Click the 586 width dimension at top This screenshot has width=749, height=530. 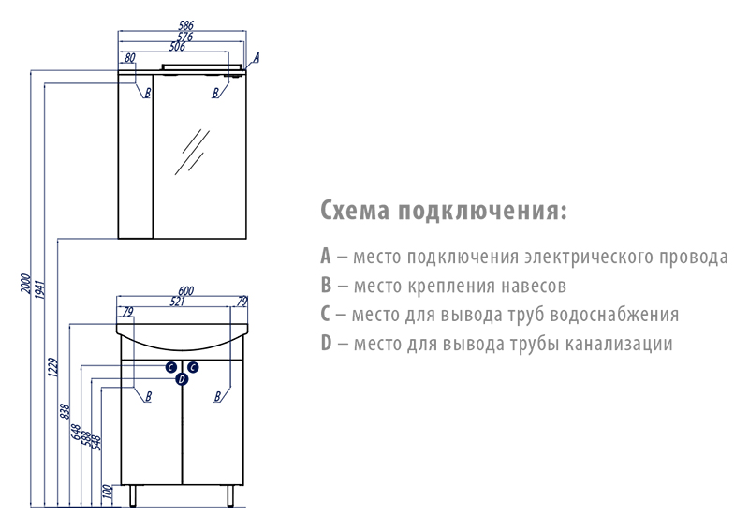(185, 25)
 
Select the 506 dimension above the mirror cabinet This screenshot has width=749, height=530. (177, 47)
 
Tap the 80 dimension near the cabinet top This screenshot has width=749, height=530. (129, 58)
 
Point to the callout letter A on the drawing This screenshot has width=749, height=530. (256, 58)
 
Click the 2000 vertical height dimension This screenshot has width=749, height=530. (26, 284)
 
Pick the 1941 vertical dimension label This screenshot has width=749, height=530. (40, 289)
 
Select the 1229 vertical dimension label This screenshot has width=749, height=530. (53, 367)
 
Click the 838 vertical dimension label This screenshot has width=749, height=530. (66, 411)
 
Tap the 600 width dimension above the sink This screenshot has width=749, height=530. (185, 290)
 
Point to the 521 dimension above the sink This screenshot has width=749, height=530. (177, 302)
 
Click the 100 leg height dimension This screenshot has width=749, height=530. (108, 492)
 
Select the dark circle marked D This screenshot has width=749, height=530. (182, 379)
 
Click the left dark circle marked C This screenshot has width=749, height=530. (171, 367)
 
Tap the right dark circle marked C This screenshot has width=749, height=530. (193, 367)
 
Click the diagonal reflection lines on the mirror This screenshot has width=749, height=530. (192, 152)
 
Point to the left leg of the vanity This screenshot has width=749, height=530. (133, 496)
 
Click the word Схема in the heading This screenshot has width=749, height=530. (355, 211)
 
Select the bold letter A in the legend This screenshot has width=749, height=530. (325, 256)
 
